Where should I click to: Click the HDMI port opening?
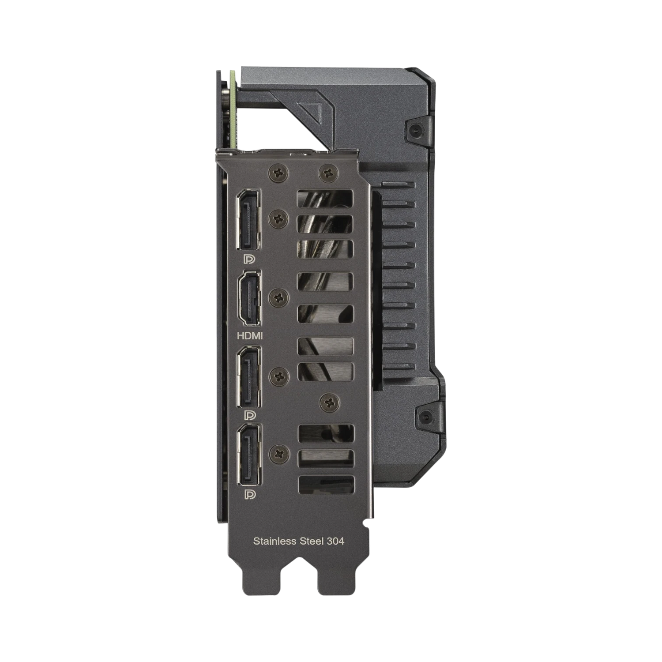click(249, 298)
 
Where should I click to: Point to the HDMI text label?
click(250, 336)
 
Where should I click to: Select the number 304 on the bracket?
click(335, 541)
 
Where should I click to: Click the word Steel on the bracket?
click(311, 541)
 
